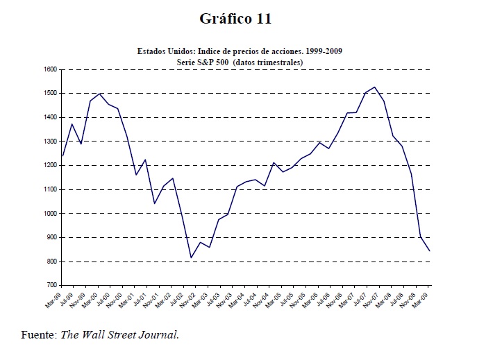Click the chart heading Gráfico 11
click(235, 19)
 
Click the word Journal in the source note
click(160, 334)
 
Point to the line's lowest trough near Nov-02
click(191, 258)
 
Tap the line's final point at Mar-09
click(430, 250)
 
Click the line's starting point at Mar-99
click(62, 155)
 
